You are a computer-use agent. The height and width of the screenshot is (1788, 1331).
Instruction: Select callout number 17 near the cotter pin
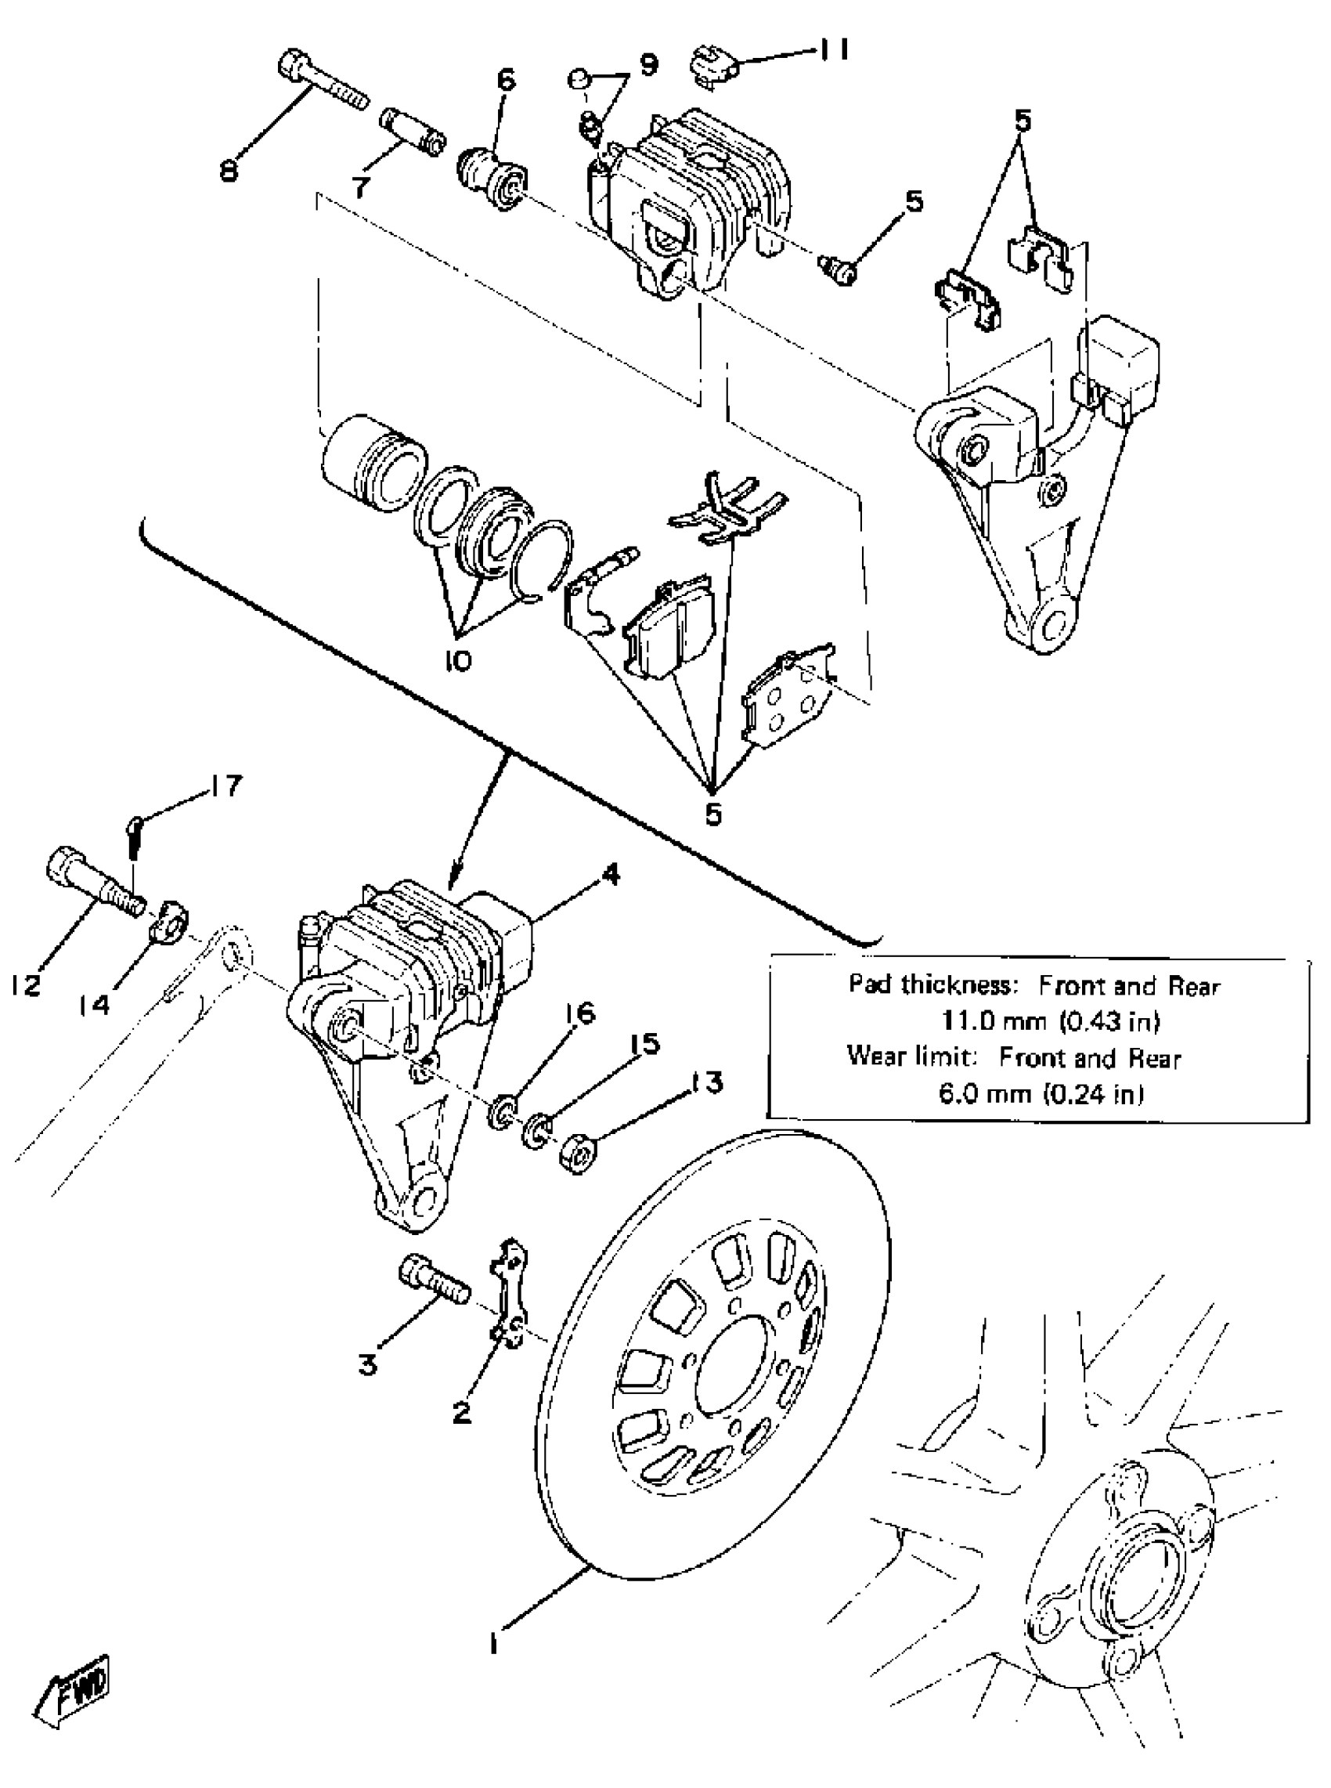[225, 786]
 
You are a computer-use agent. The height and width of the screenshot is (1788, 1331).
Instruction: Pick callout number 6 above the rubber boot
[505, 80]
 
